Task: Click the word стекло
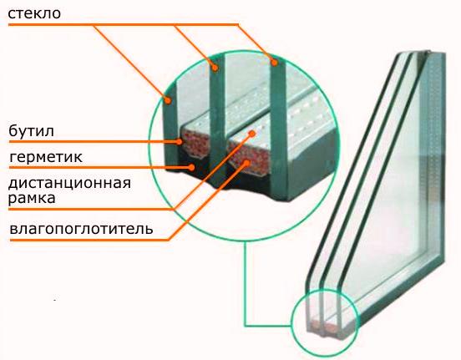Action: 34,13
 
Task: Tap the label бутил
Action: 31,131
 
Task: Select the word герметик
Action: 46,157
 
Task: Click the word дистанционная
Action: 69,184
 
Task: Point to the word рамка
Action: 32,198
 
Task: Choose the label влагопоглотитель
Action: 81,229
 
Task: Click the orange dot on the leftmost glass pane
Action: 168,100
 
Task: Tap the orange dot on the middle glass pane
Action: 215,68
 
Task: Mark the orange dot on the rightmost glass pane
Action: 274,63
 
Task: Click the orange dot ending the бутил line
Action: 179,142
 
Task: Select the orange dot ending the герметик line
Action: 192,167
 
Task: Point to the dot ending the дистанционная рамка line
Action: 252,134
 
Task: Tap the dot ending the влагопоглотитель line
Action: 246,162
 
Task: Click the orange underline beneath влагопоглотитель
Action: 89,240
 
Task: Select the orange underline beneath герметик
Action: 100,167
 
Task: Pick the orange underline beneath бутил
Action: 94,142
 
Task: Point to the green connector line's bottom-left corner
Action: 245,326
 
